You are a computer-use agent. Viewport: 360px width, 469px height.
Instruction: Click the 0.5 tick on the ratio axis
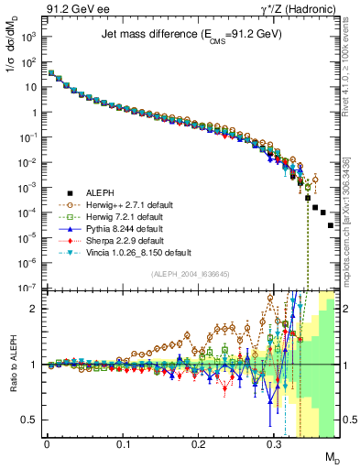tap(30, 420)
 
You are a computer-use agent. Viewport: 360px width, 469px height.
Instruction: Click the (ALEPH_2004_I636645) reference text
tap(184, 274)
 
